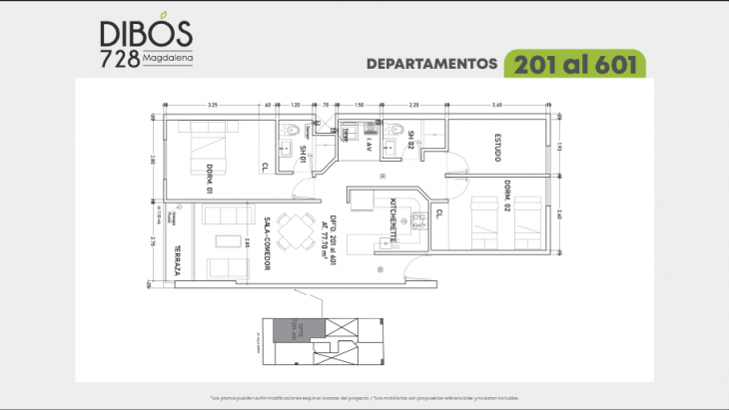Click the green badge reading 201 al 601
(x=576, y=64)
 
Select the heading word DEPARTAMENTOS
(x=431, y=64)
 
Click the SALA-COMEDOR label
(x=268, y=243)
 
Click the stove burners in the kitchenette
(x=418, y=220)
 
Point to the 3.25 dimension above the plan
(x=213, y=104)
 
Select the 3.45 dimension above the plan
(x=496, y=104)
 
